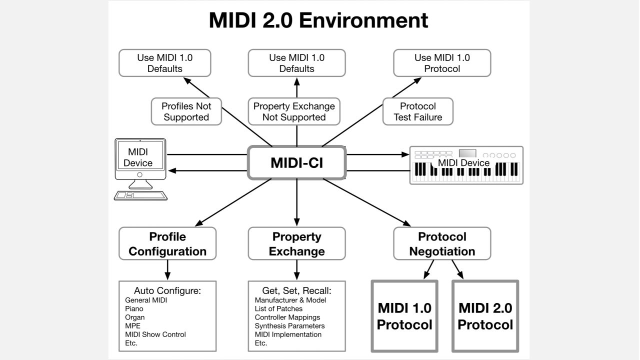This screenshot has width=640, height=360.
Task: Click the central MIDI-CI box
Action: pos(296,162)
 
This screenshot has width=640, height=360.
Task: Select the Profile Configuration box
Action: pos(167,243)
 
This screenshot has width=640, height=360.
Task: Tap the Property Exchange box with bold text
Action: pos(296,243)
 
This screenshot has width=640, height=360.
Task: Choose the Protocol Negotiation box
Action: pos(442,243)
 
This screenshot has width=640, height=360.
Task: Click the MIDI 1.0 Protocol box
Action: pos(404,316)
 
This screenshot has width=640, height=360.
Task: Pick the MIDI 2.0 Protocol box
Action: pos(485,316)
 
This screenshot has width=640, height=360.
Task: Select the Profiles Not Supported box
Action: pos(186,111)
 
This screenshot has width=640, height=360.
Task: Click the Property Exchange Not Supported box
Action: pos(294,111)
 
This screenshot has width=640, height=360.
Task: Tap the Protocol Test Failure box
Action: pos(417,111)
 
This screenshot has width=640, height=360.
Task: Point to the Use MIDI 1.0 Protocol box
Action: pos(442,63)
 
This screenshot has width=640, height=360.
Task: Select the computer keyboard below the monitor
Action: pos(140,195)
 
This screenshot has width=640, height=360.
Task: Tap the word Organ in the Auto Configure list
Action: pos(135,317)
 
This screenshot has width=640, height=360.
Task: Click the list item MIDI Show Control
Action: pos(155,334)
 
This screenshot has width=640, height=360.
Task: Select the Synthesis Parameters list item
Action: pos(289,326)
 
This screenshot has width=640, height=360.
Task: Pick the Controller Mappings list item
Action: pos(287,317)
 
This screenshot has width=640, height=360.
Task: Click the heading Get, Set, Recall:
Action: pos(296,290)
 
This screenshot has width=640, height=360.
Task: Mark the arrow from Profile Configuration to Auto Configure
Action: pos(167,270)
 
